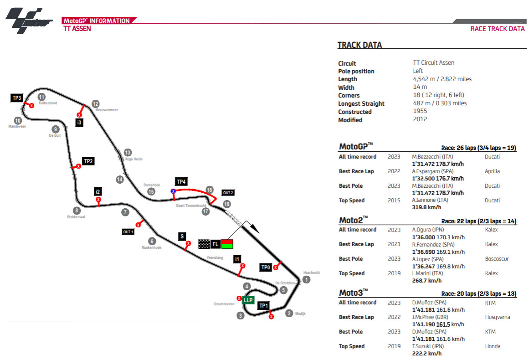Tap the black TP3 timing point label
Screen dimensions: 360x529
(x=17, y=98)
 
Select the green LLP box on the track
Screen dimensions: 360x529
(x=248, y=300)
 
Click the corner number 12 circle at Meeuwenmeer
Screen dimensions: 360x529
(x=95, y=103)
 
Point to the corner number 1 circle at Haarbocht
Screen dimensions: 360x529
(x=307, y=279)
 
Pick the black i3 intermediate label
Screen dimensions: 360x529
(x=79, y=123)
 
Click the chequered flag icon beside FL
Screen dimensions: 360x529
(x=204, y=244)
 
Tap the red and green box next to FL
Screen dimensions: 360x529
(x=227, y=244)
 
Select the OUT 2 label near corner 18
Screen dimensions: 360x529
(x=228, y=193)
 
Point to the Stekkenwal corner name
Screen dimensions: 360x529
(x=76, y=217)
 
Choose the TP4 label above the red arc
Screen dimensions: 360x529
(x=181, y=182)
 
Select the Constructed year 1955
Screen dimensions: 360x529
(x=420, y=112)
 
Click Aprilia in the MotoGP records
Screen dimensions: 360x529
(x=492, y=171)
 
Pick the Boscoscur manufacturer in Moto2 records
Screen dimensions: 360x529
(x=497, y=259)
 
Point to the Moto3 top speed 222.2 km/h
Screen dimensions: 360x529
(x=426, y=354)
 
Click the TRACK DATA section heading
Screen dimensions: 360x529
(x=360, y=45)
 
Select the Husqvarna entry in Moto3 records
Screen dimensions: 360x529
(x=498, y=317)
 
